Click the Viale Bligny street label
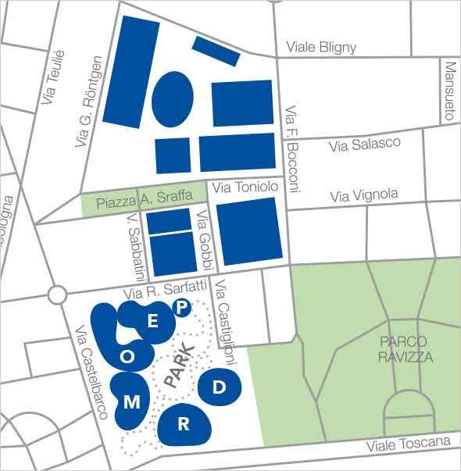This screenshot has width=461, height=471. (x=321, y=48)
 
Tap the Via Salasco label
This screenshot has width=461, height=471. (x=364, y=145)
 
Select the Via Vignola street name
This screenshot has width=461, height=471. (x=364, y=194)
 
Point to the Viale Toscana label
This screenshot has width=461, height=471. (x=409, y=444)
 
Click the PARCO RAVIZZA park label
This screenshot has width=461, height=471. (x=403, y=349)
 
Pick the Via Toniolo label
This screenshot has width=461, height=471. (x=245, y=187)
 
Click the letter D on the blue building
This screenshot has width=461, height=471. (x=220, y=386)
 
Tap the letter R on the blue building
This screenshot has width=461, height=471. (x=184, y=424)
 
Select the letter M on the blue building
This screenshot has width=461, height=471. (x=132, y=402)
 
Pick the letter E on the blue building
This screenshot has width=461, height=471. (x=153, y=321)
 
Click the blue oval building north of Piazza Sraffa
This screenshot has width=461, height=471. (x=172, y=101)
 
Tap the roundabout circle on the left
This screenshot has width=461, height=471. (x=57, y=295)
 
